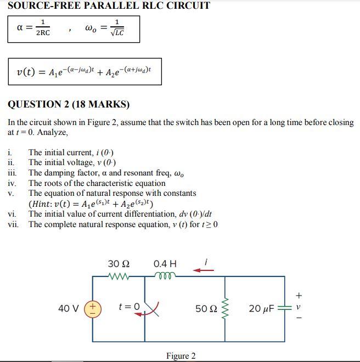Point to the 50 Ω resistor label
206,309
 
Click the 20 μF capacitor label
261,309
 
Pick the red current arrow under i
204,270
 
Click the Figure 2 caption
181,356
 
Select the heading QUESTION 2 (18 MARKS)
69,104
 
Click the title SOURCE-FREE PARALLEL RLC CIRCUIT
109,6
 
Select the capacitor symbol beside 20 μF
284,308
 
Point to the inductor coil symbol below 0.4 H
165,276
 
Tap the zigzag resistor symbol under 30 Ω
119,276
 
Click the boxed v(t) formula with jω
84,71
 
